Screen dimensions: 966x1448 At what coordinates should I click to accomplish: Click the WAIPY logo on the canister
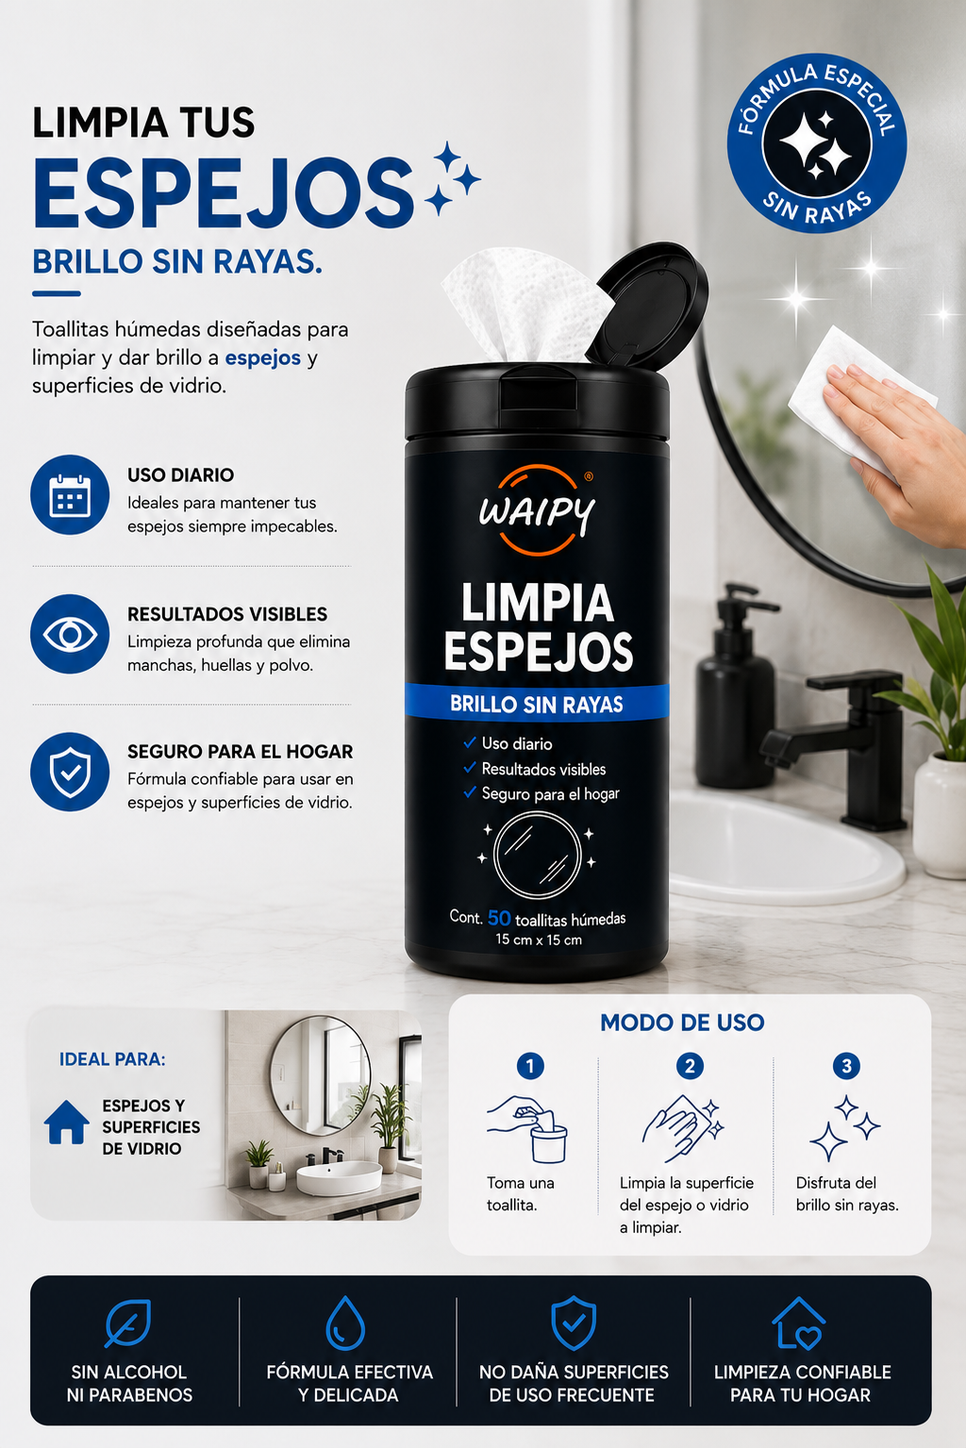coord(536,510)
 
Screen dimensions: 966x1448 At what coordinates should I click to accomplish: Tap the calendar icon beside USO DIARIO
coord(70,494)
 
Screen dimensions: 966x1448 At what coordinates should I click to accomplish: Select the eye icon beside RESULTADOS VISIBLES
coord(70,634)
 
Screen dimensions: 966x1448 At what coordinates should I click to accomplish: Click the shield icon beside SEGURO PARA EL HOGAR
coord(70,772)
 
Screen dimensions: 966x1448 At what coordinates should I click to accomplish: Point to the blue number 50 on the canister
coord(499,918)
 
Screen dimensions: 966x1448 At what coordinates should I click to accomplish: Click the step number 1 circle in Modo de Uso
coord(530,1066)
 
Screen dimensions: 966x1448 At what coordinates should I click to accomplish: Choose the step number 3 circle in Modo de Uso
coord(846,1066)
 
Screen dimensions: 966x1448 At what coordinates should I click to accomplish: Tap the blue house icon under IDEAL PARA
coord(67,1123)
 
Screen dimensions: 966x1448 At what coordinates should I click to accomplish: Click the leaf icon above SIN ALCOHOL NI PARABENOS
coord(128,1323)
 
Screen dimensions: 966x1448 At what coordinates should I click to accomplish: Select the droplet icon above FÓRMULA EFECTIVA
coord(345,1323)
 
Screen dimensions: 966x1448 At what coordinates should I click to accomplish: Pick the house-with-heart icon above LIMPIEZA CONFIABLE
coord(799,1323)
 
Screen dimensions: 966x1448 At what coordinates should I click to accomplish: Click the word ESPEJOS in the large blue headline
coord(223,192)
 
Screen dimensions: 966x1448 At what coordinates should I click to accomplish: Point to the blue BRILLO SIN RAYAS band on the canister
coord(537,703)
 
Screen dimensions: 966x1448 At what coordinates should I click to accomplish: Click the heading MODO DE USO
coord(682,1023)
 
